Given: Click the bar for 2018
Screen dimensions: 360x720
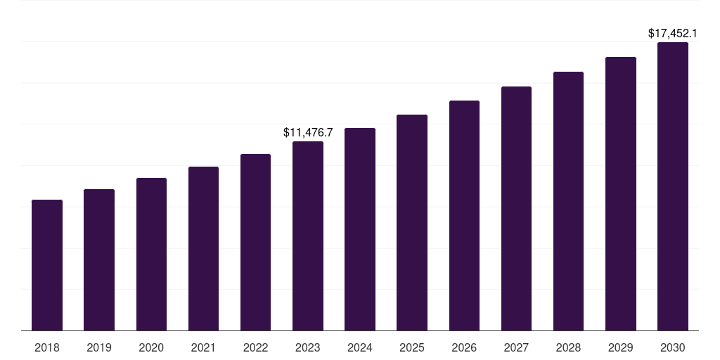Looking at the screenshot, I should click(x=47, y=265).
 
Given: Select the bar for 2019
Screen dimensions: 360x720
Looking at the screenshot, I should click(x=99, y=260).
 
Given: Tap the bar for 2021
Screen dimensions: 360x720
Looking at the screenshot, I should click(x=203, y=249).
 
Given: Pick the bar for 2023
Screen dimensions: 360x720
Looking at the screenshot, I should click(x=308, y=236).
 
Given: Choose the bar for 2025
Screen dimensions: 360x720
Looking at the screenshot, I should click(x=412, y=223).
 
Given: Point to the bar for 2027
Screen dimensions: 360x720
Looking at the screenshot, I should click(x=516, y=209).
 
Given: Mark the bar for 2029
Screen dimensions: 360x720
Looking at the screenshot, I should click(x=621, y=194).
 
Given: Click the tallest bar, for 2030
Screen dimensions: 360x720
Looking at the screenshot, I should click(x=673, y=186).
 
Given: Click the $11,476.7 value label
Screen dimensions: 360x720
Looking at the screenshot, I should click(x=308, y=132).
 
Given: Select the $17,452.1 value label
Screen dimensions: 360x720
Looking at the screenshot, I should click(x=672, y=33).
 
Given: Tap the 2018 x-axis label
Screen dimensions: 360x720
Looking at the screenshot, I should click(x=47, y=347).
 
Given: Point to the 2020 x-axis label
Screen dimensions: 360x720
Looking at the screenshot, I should click(x=151, y=347).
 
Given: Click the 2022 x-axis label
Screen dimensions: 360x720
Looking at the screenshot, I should click(x=255, y=347).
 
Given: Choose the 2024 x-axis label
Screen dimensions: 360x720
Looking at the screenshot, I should click(x=360, y=347).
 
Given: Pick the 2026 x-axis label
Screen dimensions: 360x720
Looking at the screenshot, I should click(x=464, y=347).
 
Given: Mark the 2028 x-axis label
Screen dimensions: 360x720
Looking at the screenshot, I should click(x=568, y=347).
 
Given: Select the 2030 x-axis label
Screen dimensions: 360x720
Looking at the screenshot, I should click(x=673, y=347).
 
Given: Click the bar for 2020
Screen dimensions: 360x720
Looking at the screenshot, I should click(x=151, y=255).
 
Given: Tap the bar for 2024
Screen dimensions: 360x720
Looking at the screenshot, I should click(x=360, y=229).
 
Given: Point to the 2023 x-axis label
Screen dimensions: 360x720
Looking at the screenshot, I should click(x=308, y=347).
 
